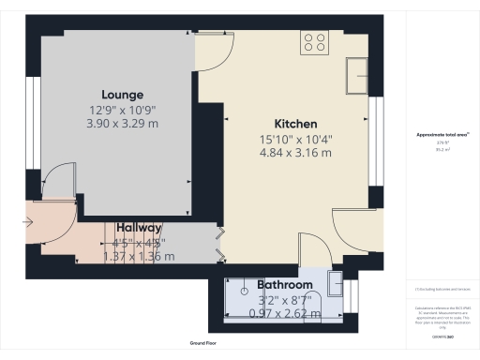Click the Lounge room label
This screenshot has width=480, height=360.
[x=124, y=95]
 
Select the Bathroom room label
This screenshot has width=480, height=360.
[x=285, y=284]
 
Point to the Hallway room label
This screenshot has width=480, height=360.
[x=139, y=228]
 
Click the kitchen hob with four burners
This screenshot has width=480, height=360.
[x=314, y=42]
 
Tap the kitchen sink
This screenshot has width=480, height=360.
[x=357, y=70]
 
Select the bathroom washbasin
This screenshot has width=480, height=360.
[x=336, y=280]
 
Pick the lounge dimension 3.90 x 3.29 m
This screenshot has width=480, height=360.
[x=124, y=123]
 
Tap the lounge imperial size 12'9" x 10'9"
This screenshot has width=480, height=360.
[x=124, y=110]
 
